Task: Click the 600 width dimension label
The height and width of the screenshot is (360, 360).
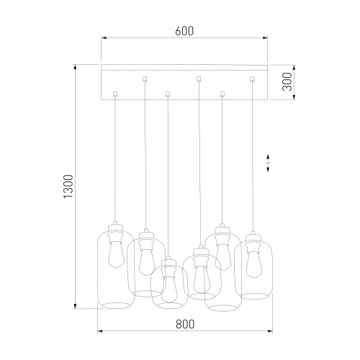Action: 184,31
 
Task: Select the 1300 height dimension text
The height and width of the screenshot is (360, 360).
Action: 69,186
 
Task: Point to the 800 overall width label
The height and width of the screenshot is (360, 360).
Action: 185,324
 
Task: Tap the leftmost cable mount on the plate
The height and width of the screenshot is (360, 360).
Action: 115,92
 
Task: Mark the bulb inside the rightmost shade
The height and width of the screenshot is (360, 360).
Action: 252,263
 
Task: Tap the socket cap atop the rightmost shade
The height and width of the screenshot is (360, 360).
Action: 252,237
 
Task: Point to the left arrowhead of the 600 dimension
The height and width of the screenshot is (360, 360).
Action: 104,37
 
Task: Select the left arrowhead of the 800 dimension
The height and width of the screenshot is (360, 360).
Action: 100,332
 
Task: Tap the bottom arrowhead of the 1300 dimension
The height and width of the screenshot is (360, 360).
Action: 76,306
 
